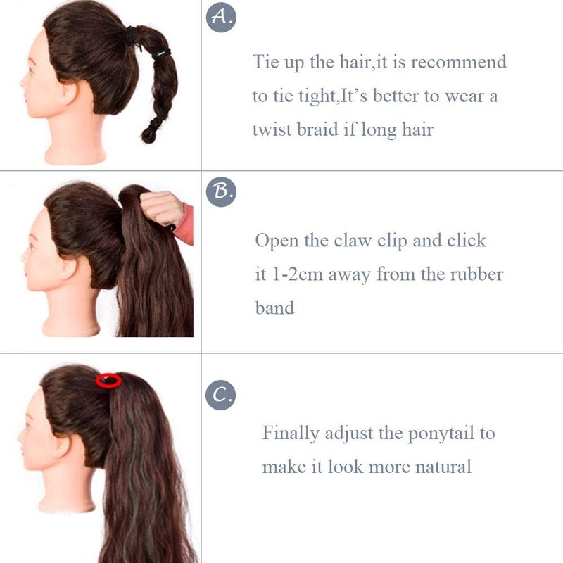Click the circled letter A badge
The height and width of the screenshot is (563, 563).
point(221,17)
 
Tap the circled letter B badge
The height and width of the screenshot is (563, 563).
point(221,191)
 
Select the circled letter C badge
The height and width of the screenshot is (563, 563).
point(221,395)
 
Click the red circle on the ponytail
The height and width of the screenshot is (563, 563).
point(108,381)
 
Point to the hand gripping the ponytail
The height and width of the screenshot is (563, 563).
point(163,209)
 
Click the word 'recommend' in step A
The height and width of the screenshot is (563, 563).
point(459,62)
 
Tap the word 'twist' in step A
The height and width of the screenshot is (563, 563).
point(272,129)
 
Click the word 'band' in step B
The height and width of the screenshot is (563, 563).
point(274,308)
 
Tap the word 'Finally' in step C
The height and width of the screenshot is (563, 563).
point(291,434)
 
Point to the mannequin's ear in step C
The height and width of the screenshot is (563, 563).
point(63,446)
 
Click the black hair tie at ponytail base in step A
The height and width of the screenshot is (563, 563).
point(132,36)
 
